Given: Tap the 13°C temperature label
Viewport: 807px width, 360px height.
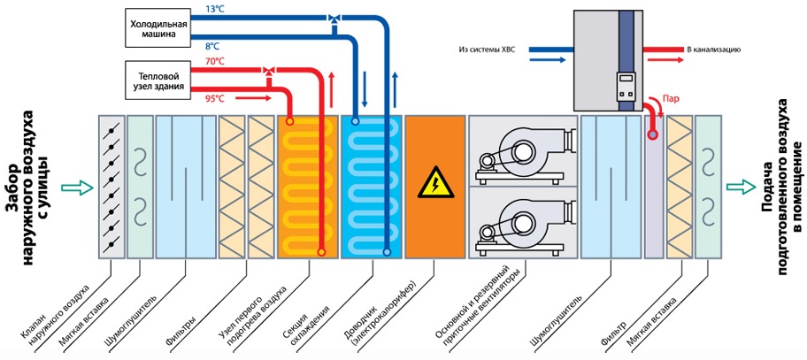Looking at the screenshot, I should tap(214, 9).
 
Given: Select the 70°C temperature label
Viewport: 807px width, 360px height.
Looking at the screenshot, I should tap(215, 61).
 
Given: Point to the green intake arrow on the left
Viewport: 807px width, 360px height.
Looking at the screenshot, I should tap(80, 187).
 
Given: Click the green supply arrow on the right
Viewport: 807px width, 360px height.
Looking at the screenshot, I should tap(737, 187).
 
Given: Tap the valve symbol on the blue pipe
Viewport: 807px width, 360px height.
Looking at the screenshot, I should tap(334, 18).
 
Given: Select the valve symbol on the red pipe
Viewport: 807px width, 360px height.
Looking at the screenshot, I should tap(269, 69).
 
